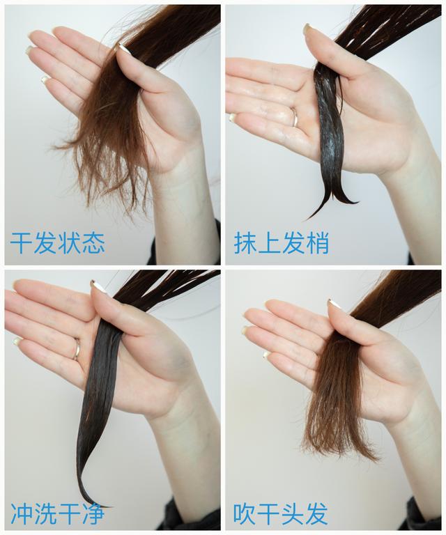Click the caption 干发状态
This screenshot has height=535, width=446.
(57, 242)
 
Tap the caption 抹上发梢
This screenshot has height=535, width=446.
(281, 242)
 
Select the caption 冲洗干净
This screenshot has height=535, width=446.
(57, 513)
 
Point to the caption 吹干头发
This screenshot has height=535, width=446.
(281, 513)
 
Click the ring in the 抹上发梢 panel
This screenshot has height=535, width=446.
(295, 117)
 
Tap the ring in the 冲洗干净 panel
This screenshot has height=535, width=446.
(77, 349)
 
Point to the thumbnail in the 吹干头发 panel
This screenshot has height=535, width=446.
(334, 304)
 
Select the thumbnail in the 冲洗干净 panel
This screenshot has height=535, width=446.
(99, 286)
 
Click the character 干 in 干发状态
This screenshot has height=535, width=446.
(21, 242)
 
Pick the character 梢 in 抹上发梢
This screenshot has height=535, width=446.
(317, 242)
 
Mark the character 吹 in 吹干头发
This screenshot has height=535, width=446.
(245, 513)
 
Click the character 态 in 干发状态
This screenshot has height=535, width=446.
(93, 242)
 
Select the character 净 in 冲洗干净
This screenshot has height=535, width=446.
(93, 513)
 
